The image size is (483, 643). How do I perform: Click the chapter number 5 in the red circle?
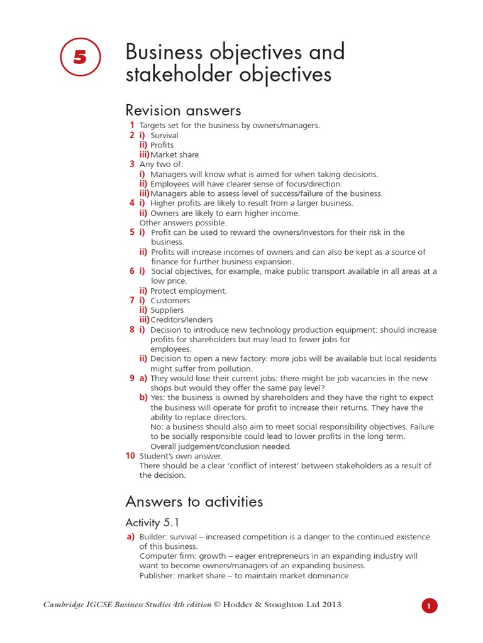click(x=80, y=57)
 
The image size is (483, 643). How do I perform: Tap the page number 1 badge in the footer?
click(x=429, y=606)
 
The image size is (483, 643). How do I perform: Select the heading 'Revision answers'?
click(x=183, y=111)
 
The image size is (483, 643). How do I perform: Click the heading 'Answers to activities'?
click(x=194, y=501)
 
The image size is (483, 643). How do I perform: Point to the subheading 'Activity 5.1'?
click(x=152, y=522)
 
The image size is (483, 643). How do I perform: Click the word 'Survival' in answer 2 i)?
click(x=164, y=135)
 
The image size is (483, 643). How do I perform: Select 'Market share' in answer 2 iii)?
click(x=174, y=154)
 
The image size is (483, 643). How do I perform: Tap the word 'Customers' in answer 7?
click(x=170, y=301)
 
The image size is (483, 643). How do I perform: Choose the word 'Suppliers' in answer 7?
click(x=167, y=310)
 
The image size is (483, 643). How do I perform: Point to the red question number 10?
click(x=130, y=456)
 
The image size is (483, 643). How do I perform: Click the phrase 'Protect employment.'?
click(x=189, y=291)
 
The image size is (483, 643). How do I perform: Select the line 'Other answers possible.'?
click(x=183, y=223)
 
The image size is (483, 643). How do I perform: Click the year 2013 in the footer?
click(x=331, y=605)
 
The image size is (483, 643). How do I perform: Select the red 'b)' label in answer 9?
click(x=143, y=397)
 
